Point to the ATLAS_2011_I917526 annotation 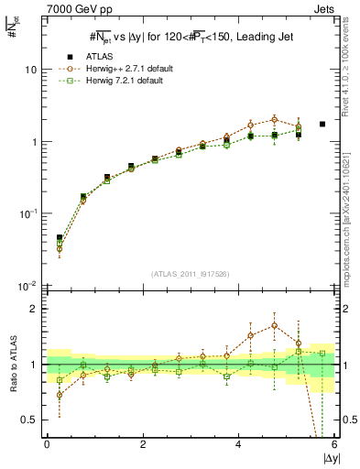point(190,274)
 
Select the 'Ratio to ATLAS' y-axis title point(12,364)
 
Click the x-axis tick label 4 point(238,444)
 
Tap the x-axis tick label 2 point(142,444)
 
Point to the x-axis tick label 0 point(47,444)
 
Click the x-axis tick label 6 point(333,444)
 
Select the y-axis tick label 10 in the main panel point(30,70)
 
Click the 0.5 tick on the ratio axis point(28,420)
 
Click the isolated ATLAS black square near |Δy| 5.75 point(322,124)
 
